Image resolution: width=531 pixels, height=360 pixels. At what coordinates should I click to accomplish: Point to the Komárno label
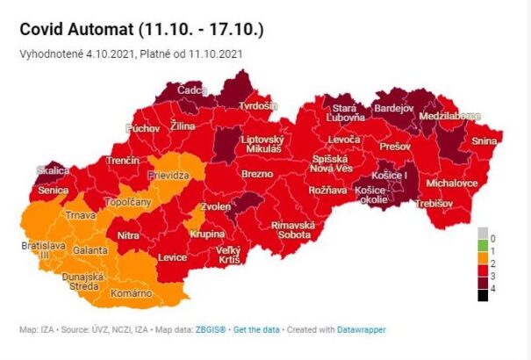point(132,292)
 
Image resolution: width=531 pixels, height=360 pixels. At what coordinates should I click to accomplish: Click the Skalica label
point(53,170)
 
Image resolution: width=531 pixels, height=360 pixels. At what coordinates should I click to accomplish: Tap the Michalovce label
point(451,184)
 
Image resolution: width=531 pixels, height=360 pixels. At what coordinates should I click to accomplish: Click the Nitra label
point(128,235)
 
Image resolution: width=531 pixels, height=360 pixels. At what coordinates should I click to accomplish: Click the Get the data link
point(262,329)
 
